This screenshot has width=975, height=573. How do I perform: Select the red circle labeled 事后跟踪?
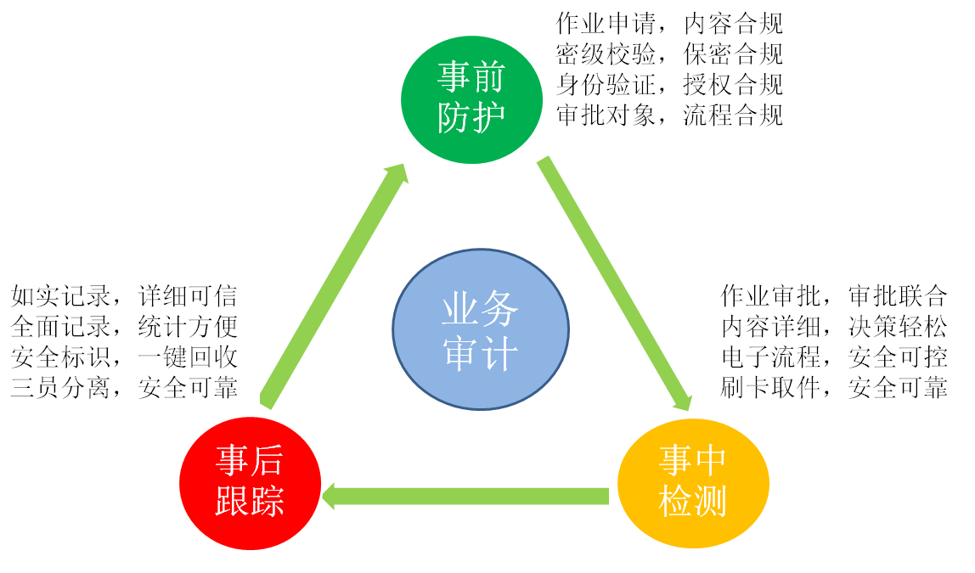pos(250,481)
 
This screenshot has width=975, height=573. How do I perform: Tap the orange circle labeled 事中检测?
pos(693,482)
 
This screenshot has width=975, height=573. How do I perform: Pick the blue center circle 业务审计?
pos(481,329)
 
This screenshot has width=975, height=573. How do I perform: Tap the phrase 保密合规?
pos(733,54)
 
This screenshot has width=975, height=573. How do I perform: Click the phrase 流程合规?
pos(733,115)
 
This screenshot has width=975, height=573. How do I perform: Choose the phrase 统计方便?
pos(188,327)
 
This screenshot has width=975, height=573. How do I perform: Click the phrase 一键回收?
pos(188,357)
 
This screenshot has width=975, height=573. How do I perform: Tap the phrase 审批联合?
pos(898,296)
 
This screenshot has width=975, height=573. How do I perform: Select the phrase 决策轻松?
pos(898,327)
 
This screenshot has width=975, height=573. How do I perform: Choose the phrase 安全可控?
pos(898,357)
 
